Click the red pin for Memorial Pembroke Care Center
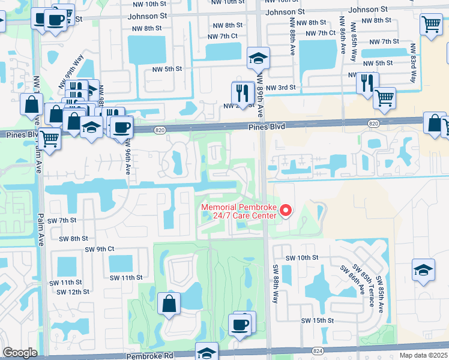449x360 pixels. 286,211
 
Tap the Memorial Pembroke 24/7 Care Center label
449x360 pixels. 238,212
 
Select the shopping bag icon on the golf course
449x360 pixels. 169,304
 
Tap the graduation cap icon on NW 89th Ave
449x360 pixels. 259,58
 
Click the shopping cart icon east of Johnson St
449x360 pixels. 431,25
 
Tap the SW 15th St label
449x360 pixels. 318,320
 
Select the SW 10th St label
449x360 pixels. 301,257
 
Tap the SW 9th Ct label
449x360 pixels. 99,249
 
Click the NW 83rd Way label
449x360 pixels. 413,64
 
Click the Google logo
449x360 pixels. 20,352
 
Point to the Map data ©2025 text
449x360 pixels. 423,355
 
